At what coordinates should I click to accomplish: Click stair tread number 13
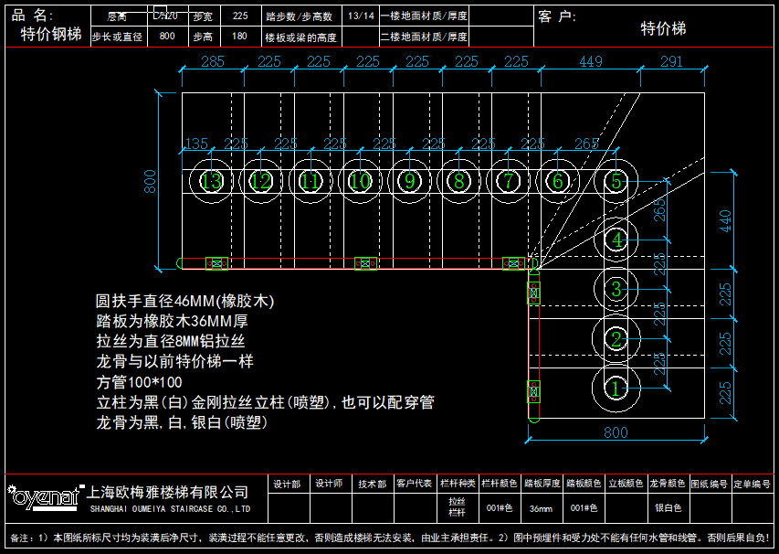point(212,181)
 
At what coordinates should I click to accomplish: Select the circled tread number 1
point(616,389)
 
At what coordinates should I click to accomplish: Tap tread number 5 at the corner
point(616,181)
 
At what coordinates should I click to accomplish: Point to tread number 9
point(410,181)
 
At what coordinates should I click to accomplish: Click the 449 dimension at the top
point(591,62)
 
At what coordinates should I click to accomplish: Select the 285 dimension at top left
point(212,62)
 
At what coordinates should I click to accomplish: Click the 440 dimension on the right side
point(725,220)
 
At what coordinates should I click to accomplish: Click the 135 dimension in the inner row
point(196,144)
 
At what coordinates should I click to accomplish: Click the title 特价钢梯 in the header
point(50,35)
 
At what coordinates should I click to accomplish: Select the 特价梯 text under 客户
point(663,29)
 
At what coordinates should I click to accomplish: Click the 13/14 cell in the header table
point(361,16)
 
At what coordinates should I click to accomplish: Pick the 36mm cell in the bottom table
point(541,507)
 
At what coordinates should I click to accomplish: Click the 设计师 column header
point(330,485)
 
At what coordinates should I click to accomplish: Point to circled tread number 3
point(616,290)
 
